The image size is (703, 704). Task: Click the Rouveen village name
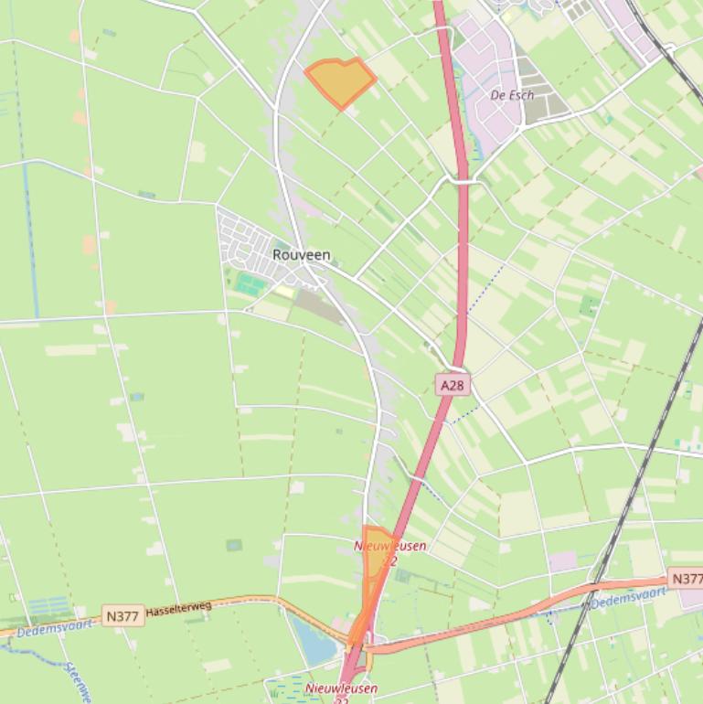click(x=301, y=255)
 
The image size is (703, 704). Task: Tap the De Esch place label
click(x=511, y=95)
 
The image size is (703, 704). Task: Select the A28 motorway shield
click(x=452, y=386)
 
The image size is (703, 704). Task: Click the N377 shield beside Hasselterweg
click(x=122, y=616)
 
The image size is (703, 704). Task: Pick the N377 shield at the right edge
click(x=687, y=579)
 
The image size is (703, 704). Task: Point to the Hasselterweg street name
click(x=178, y=608)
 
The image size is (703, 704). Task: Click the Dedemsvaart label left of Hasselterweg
click(x=54, y=627)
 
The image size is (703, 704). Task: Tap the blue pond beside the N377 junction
click(x=314, y=640)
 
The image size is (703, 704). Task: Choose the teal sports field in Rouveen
click(x=247, y=283)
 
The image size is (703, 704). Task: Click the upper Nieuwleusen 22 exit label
click(x=389, y=552)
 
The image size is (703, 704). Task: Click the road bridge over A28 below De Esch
click(x=463, y=181)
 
